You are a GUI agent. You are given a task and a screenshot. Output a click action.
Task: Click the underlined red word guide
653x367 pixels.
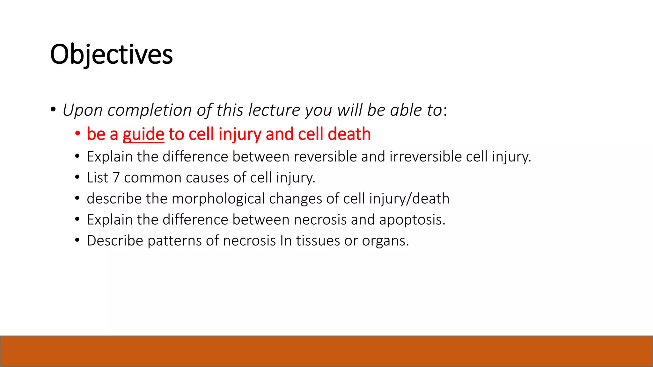pos(143,134)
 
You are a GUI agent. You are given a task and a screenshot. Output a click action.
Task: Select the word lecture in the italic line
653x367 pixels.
pos(274,110)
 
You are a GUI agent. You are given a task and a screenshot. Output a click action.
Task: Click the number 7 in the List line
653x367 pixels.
pos(116,178)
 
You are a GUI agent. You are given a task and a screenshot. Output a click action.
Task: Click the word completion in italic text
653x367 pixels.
pos(150,110)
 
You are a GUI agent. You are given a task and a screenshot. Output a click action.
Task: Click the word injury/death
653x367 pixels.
pos(409,199)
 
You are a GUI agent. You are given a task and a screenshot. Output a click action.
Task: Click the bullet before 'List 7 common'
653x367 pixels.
pos(77,177)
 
